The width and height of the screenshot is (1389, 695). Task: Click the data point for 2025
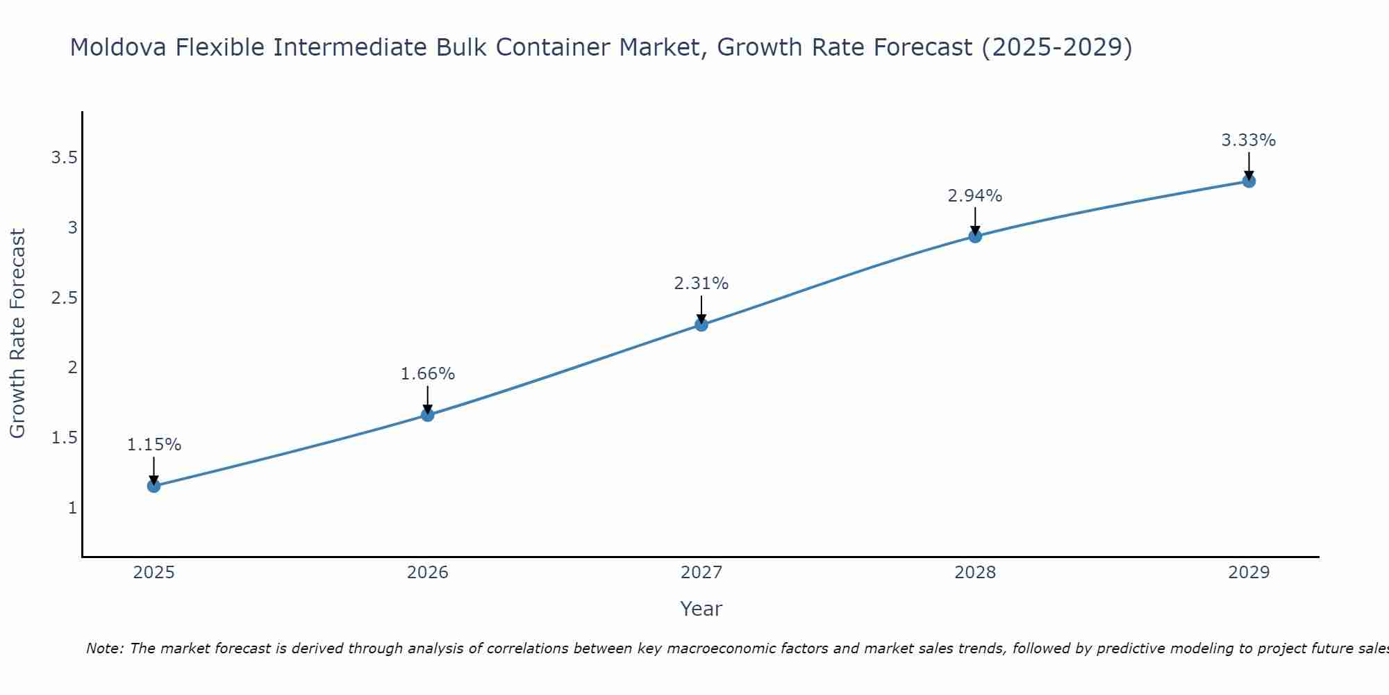tap(153, 486)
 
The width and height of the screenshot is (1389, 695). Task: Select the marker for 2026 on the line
tap(428, 415)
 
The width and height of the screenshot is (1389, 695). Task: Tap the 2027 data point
tap(701, 325)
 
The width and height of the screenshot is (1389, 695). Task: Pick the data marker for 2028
tap(975, 236)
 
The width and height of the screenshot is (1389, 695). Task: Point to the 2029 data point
tap(1249, 181)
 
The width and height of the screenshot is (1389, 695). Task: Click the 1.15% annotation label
tap(154, 445)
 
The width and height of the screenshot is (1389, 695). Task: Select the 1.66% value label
tap(428, 374)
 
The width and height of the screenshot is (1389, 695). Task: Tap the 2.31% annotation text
tap(701, 284)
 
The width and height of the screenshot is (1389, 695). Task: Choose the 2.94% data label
tap(975, 196)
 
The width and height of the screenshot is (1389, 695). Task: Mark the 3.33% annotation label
tap(1249, 140)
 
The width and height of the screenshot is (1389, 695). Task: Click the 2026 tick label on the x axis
tap(428, 573)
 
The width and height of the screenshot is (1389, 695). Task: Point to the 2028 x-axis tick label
tap(975, 573)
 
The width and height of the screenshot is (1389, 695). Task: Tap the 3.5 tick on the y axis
tap(64, 158)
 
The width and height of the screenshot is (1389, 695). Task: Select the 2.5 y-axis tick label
tap(64, 298)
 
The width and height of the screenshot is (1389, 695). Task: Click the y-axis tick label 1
tap(72, 508)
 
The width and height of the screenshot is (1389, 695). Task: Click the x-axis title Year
tap(701, 609)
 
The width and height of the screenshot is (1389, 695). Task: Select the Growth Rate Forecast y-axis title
tap(18, 334)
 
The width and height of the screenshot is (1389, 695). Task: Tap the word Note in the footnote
tap(104, 648)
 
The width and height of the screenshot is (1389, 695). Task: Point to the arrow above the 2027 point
tap(701, 309)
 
